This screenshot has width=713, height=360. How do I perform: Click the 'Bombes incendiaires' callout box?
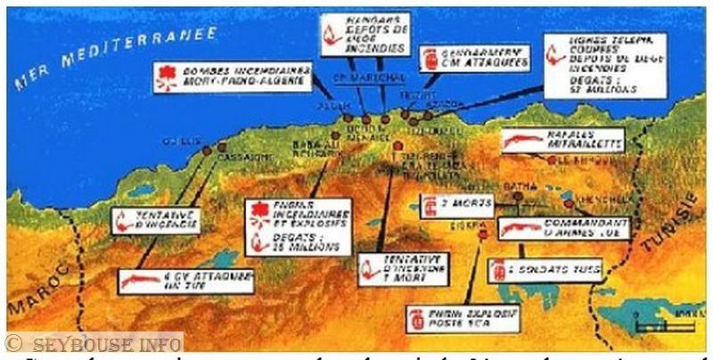(233, 76)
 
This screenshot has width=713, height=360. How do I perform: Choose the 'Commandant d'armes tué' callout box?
(562, 228)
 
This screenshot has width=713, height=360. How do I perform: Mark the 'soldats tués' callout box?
(545, 268)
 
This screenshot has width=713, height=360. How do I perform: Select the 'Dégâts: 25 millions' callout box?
(298, 225)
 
